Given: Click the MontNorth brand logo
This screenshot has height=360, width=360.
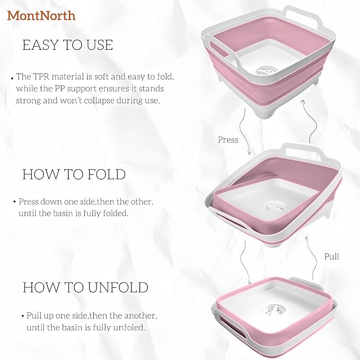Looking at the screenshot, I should pos(41,15).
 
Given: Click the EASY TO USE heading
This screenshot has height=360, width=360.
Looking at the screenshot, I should pos(67,46).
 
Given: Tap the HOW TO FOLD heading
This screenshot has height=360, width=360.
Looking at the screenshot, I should pos(74,174).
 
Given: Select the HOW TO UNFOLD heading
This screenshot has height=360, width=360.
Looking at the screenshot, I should pos(85,287).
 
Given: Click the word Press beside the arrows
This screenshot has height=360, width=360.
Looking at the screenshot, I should pos(228,140).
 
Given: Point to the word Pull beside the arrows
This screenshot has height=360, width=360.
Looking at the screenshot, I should pos(331,257).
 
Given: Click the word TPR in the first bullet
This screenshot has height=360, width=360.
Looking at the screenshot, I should pos(42,77).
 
